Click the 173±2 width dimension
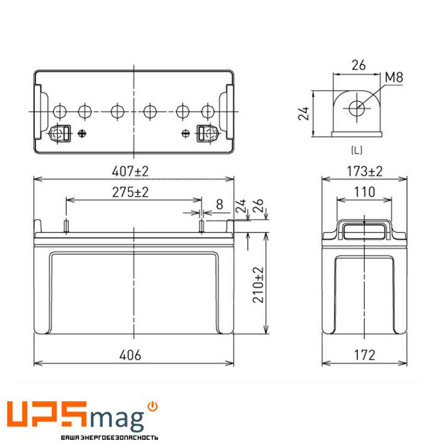pyautogui.click(x=365, y=172)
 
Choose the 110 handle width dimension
pyautogui.click(x=365, y=192)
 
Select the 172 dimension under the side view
pyautogui.click(x=365, y=355)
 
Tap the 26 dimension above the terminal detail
pyautogui.click(x=358, y=65)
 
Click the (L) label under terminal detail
pyautogui.click(x=357, y=150)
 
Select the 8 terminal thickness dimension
pyautogui.click(x=219, y=204)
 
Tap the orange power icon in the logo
pyautogui.click(x=153, y=406)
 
